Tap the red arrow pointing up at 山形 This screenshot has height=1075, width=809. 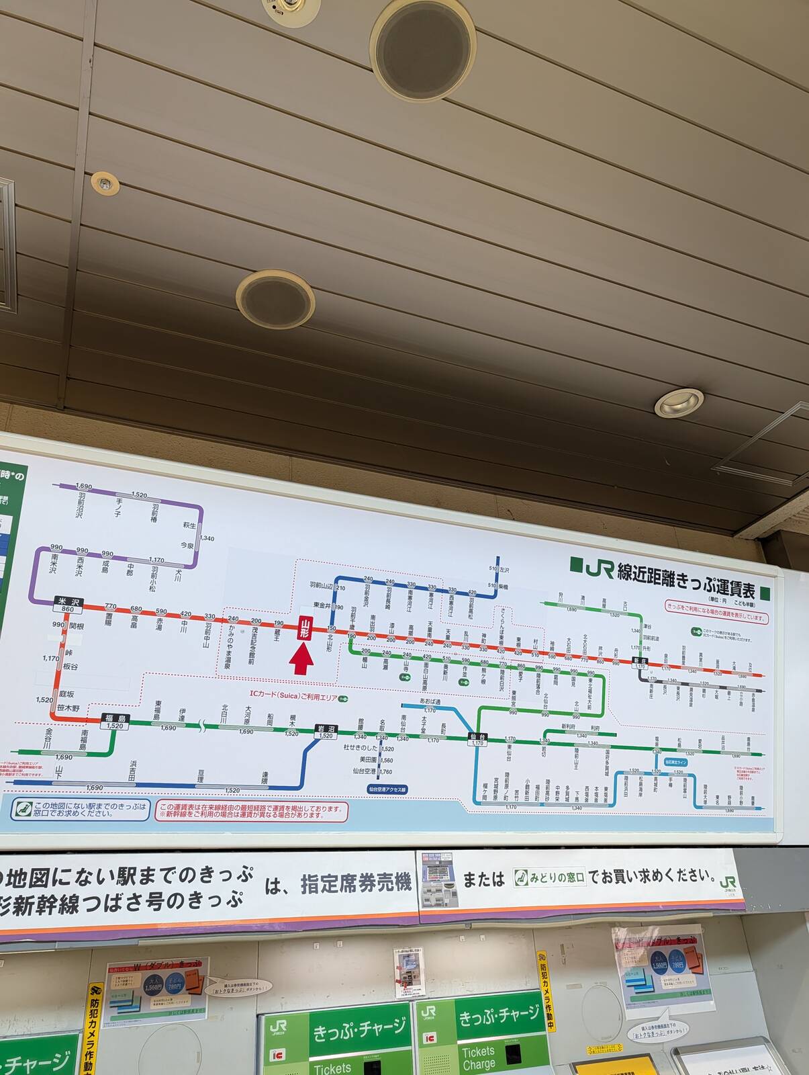[302, 658]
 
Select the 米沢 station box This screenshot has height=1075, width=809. [68, 603]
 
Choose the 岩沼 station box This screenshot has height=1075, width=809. [326, 730]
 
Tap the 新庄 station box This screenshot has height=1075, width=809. [639, 661]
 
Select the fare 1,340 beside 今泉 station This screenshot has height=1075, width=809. [207, 538]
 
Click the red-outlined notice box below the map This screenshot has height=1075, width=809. [252, 810]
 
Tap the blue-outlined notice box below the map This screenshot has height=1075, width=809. [81, 809]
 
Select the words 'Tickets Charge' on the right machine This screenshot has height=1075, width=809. [478, 1058]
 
